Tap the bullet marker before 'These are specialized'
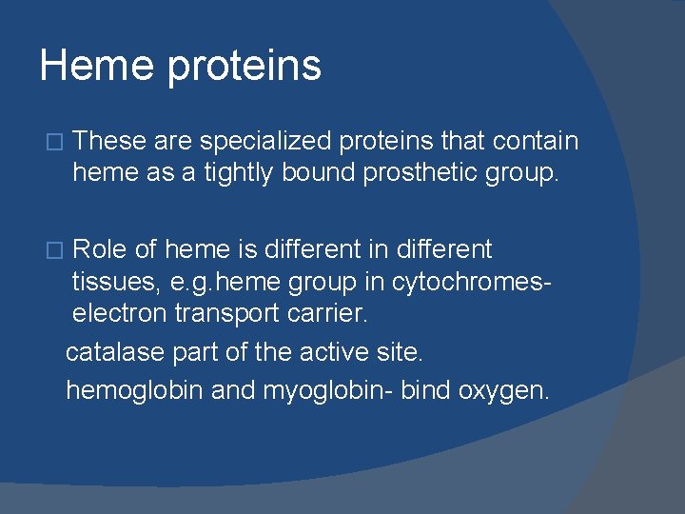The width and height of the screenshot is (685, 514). coord(54,143)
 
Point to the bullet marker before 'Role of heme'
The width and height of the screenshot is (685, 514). coord(54,251)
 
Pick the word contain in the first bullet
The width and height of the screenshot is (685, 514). coord(536,142)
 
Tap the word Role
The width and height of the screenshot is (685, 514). coord(100,250)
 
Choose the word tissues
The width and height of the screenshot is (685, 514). coord(110,284)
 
